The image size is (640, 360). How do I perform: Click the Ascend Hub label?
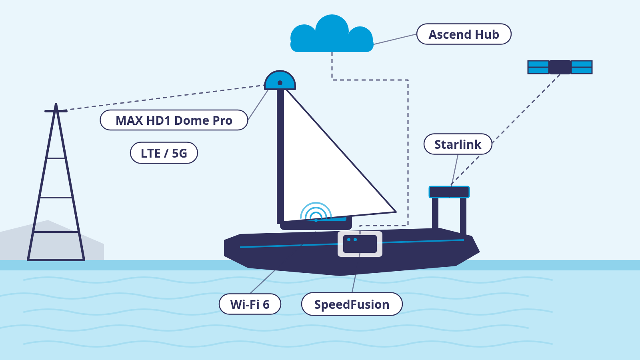point(464,34)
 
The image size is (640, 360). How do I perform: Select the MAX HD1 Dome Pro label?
point(174,120)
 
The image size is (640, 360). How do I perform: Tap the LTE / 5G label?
point(164,153)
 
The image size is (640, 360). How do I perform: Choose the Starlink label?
point(458,144)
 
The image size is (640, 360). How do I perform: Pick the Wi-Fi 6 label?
point(250,304)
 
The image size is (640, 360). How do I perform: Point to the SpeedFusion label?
point(352,304)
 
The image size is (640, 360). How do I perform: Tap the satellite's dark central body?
point(560,67)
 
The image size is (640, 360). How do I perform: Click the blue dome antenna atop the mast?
point(280,80)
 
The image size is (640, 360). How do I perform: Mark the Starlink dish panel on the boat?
point(449,192)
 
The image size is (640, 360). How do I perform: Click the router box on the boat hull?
point(360,244)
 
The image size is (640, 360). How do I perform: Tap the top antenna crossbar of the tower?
point(56,111)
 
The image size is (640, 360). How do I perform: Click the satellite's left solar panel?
point(538,67)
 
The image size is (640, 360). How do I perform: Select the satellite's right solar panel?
point(582,67)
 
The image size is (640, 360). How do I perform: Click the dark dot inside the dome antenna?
point(280,83)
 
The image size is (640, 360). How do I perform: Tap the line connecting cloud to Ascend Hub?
point(395,39)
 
